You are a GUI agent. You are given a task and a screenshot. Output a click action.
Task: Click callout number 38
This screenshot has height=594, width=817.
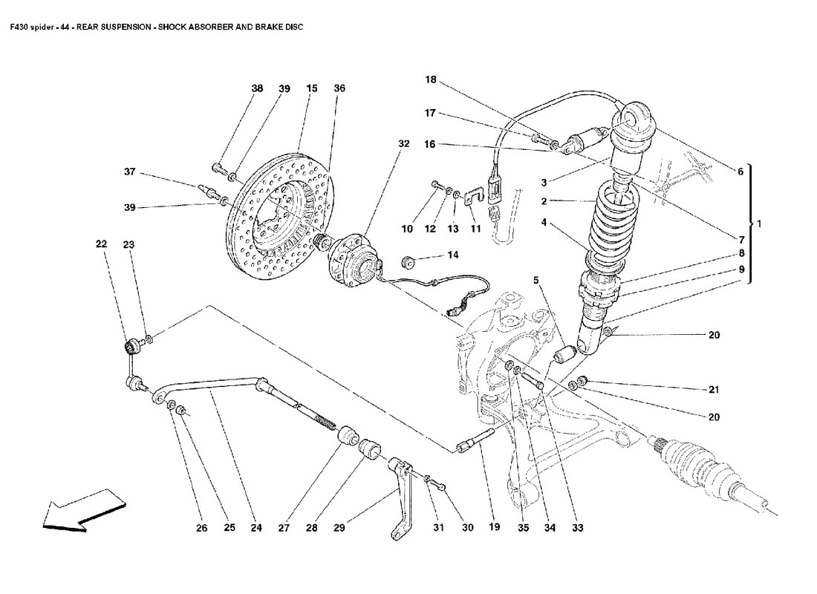click(257, 88)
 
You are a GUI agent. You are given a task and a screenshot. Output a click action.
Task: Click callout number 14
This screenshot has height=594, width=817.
click(453, 255)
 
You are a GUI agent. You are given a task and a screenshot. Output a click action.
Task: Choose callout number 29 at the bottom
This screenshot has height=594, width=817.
click(339, 529)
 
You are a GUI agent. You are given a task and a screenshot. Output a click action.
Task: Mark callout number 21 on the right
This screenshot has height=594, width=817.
click(714, 388)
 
